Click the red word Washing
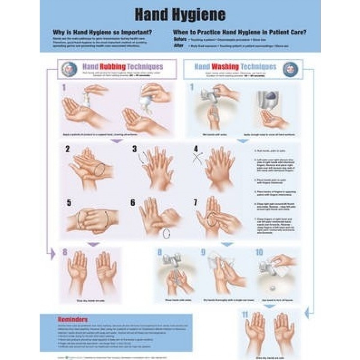pyautogui.click(x=225, y=66)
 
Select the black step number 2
pyautogui.click(x=67, y=149)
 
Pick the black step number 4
pyautogui.click(x=196, y=149)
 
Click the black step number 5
pyautogui.click(x=69, y=203)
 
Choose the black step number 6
pyautogui.click(x=133, y=203)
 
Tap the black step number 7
pyautogui.click(x=195, y=203)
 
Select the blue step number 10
pyautogui.click(x=259, y=252)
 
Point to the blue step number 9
pyautogui.click(x=203, y=252)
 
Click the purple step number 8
pyautogui.click(x=64, y=252)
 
